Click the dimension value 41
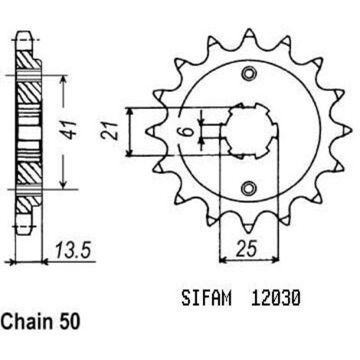click(69, 129)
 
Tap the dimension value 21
click(110, 131)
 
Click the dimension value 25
click(246, 248)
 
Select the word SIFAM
click(206, 298)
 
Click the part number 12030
click(275, 298)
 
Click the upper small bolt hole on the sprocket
click(249, 74)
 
